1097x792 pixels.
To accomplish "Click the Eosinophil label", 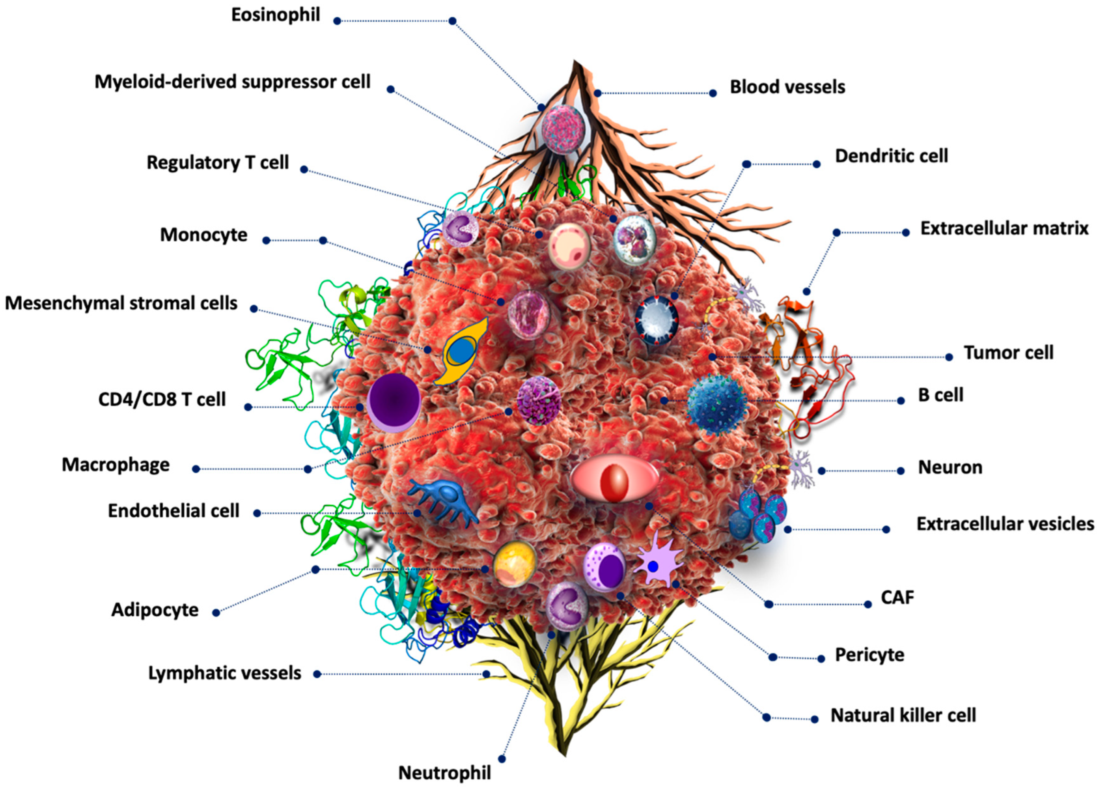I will coord(275,15).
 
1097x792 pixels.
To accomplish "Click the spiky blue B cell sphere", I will coord(717,400).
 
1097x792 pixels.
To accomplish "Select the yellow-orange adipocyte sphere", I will coord(515,564).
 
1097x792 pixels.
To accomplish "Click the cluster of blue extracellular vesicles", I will coord(757,516).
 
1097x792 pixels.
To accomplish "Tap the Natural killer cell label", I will coord(903,715).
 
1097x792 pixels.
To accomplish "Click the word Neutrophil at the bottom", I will coord(444,773).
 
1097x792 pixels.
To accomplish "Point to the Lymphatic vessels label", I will coord(224,673).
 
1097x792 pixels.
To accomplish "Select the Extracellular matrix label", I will coord(1004,228).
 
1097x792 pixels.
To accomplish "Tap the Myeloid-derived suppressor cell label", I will coord(232,82).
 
